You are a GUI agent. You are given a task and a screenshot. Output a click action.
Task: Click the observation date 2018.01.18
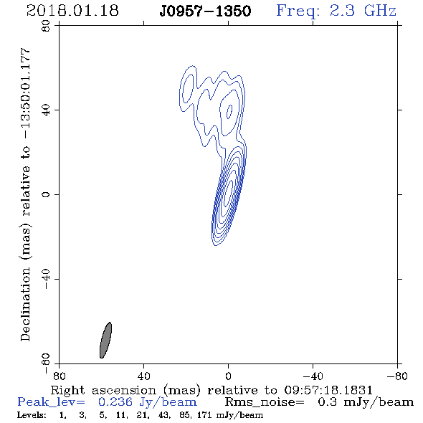(x=72, y=11)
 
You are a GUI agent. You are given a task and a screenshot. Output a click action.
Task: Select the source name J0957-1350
(x=205, y=11)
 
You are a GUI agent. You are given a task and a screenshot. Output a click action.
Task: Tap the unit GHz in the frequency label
(x=380, y=11)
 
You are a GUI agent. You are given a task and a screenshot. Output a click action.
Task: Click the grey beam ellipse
(x=106, y=340)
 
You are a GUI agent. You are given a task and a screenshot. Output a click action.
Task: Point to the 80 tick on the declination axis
(x=46, y=26)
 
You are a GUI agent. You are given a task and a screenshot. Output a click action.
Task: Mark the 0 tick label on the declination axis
(x=46, y=194)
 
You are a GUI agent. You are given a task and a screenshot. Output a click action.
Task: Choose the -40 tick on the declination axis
(x=46, y=279)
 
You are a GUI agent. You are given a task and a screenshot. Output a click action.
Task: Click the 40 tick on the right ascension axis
(x=143, y=376)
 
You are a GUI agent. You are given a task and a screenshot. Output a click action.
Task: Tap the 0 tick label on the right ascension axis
(x=228, y=376)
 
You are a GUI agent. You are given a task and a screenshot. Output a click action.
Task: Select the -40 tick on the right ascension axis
(x=313, y=376)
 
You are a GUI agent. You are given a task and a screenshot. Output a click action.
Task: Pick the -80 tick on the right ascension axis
(x=397, y=376)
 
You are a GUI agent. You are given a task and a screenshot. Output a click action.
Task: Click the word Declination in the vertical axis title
(x=25, y=305)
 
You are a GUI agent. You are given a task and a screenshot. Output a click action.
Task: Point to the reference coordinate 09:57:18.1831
(x=328, y=390)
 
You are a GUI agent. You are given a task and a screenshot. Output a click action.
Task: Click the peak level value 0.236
(x=115, y=402)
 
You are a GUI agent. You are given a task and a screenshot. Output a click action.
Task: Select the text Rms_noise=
(x=265, y=402)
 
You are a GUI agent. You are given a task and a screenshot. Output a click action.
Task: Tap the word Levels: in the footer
(x=32, y=415)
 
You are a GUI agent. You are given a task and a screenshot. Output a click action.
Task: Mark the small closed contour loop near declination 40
(x=229, y=112)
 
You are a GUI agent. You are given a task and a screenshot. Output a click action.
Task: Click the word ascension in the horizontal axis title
(x=124, y=390)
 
